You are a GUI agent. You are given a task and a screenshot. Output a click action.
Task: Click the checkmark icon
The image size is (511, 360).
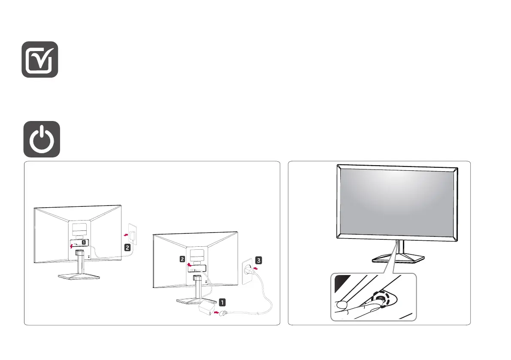point(40,59)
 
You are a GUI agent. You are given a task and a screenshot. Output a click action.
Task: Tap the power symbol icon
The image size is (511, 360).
point(41,139)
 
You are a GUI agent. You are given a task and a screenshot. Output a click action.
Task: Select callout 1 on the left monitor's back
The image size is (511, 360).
point(84,242)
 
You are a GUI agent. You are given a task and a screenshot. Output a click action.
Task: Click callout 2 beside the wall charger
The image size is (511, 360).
point(127,248)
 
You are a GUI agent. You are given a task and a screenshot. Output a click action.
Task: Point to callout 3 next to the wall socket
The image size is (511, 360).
point(257,260)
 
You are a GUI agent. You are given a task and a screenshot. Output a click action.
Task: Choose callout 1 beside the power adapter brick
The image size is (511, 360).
point(222,301)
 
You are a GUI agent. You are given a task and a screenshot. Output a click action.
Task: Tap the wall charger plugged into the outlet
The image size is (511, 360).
point(133,236)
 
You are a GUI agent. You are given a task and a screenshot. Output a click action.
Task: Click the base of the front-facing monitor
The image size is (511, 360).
point(398,260)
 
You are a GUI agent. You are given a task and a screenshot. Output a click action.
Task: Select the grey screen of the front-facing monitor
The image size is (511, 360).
point(397,200)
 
